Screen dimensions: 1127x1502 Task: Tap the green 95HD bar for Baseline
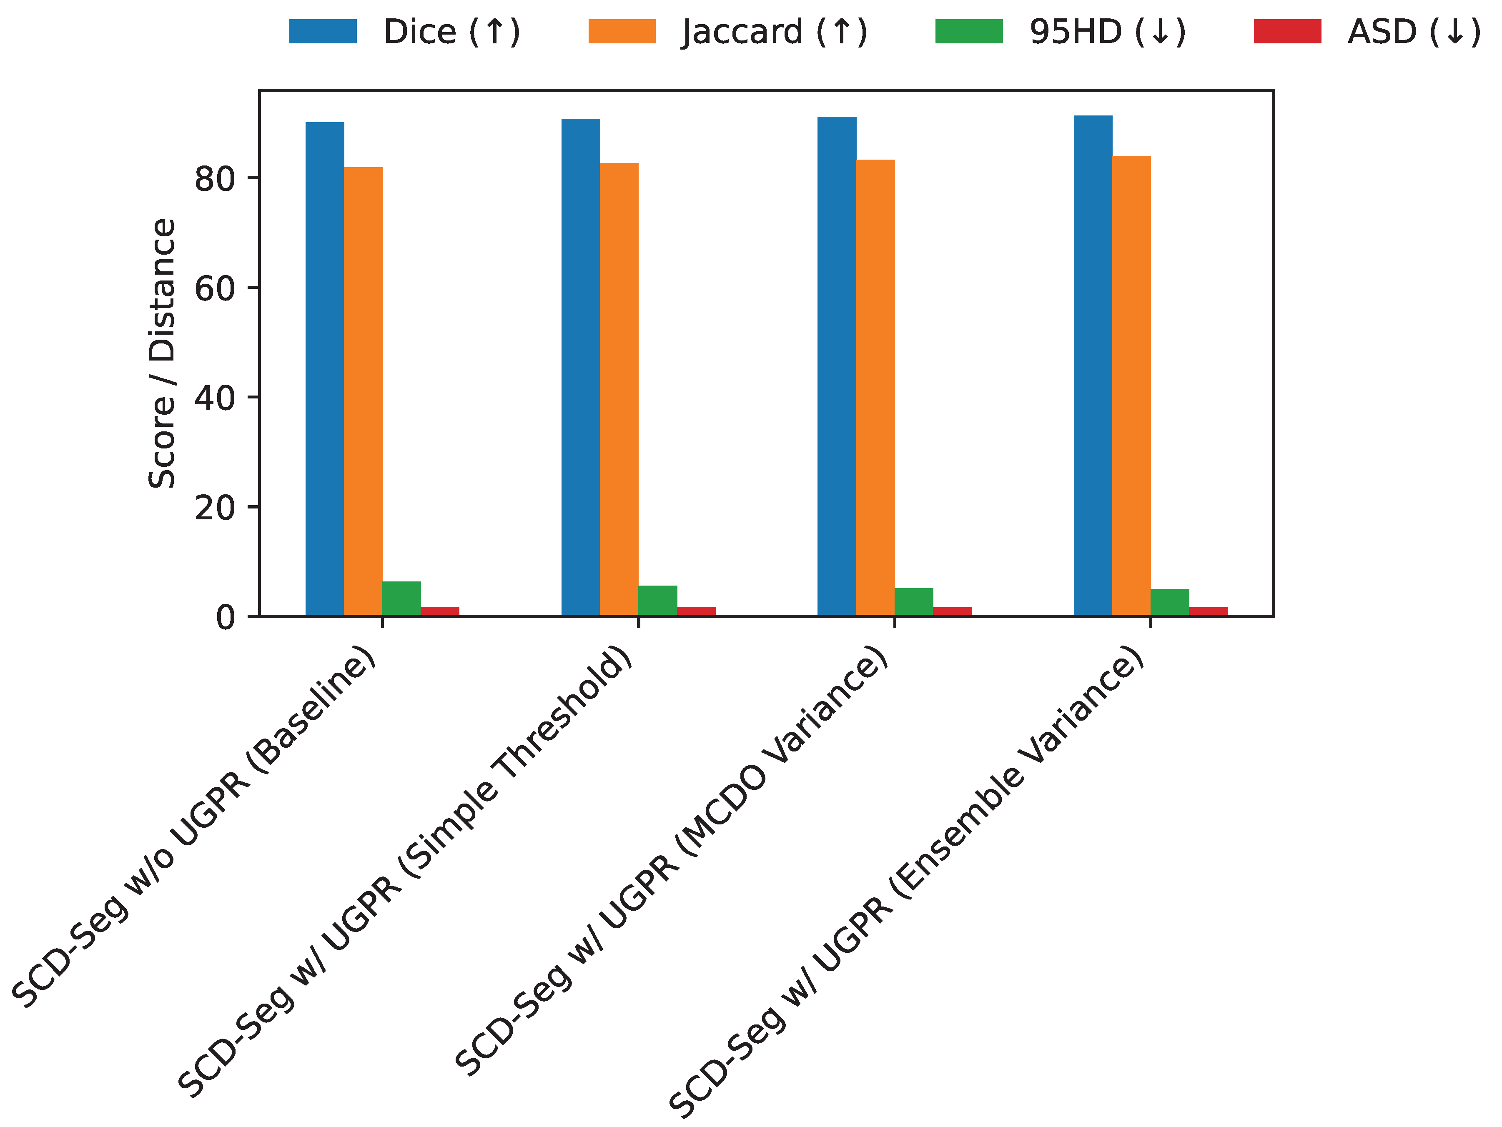point(401,599)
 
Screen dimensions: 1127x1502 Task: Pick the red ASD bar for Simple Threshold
point(696,611)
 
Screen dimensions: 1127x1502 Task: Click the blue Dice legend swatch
point(323,31)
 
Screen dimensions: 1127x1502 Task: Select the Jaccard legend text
point(774,32)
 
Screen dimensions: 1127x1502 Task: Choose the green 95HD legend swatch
point(968,31)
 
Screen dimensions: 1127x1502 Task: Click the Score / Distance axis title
point(162,353)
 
